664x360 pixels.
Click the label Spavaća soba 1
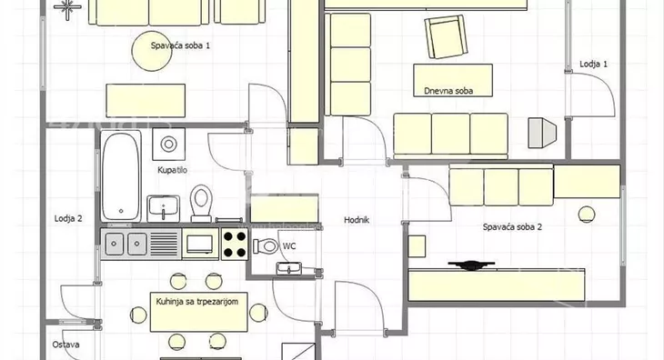[x=180, y=45]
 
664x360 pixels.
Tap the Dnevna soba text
[x=448, y=91]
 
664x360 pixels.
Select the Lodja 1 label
[x=593, y=64]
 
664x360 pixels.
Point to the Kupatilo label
[x=172, y=170]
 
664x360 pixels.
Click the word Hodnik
[x=357, y=220]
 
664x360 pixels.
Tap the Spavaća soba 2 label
[x=512, y=226]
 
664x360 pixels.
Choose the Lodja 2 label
[x=68, y=218]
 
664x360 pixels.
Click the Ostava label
[x=65, y=345]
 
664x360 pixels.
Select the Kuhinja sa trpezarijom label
[x=196, y=302]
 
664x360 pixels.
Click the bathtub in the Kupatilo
[x=121, y=176]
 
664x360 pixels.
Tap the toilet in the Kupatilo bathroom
[x=201, y=203]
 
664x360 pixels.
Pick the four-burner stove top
[x=235, y=244]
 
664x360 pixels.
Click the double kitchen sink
[x=126, y=244]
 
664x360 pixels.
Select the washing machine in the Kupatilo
[x=168, y=145]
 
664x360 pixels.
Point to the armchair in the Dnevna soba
[x=446, y=36]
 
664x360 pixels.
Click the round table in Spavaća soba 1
[x=152, y=51]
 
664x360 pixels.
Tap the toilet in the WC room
[x=265, y=245]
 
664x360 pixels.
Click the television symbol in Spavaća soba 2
[x=471, y=265]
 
